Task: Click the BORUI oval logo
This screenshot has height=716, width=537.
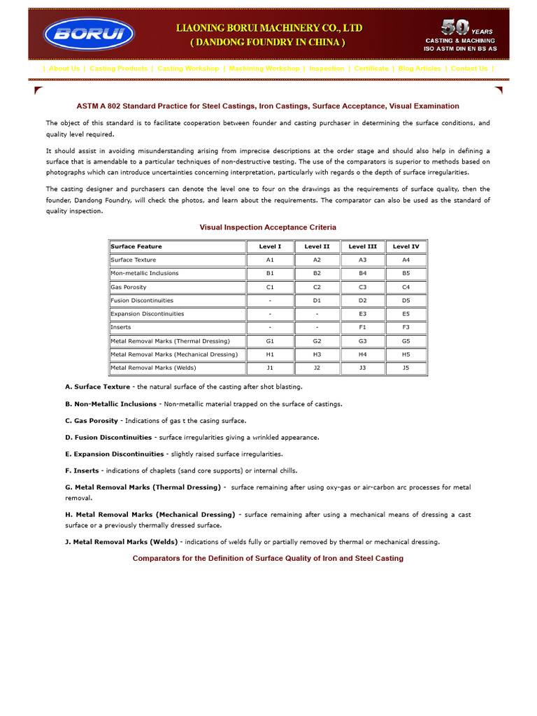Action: (89, 34)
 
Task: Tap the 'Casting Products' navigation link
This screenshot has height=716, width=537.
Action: (119, 69)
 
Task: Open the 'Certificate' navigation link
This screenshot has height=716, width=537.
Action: (371, 69)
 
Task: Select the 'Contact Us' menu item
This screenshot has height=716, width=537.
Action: (469, 69)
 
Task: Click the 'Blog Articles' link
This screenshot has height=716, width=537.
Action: (420, 69)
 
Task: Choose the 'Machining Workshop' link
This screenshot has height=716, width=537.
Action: (264, 69)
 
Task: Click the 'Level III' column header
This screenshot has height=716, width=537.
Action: (362, 246)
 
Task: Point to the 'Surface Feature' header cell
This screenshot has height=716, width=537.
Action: (136, 246)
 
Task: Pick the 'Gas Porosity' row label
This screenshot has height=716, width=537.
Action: (129, 287)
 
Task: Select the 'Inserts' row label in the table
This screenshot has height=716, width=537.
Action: (121, 327)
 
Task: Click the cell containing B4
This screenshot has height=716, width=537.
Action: (362, 273)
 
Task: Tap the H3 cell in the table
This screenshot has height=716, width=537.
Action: (317, 355)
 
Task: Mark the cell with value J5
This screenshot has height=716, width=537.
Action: (406, 368)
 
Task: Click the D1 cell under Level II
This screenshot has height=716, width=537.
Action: (317, 301)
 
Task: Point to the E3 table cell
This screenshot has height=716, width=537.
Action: (362, 314)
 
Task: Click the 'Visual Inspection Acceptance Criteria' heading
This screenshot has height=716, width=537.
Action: (268, 227)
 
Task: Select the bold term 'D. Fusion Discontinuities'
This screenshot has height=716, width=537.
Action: (108, 437)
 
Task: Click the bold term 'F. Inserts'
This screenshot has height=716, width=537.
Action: (82, 471)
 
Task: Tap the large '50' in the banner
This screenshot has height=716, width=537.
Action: (454, 28)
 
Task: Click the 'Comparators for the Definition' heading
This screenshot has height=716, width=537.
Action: (268, 558)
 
